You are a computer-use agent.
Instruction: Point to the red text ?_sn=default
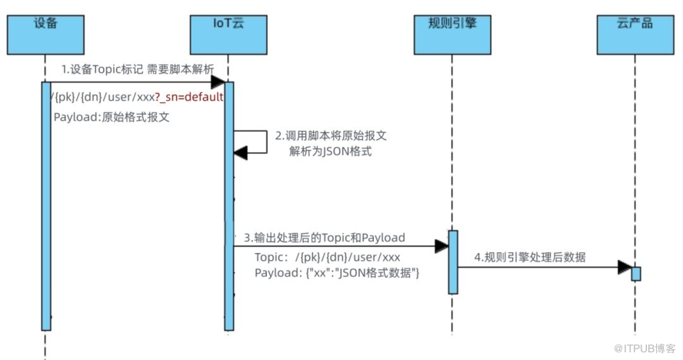(189, 98)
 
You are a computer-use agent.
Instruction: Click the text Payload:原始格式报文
(112, 118)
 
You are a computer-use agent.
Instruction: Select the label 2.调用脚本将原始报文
(331, 136)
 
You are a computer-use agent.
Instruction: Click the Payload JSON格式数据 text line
(337, 273)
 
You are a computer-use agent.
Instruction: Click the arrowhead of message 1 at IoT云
(218, 82)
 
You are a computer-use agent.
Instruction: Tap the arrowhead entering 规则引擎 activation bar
(441, 246)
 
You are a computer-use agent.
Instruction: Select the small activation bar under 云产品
(636, 273)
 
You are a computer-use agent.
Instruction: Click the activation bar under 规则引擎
(453, 262)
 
